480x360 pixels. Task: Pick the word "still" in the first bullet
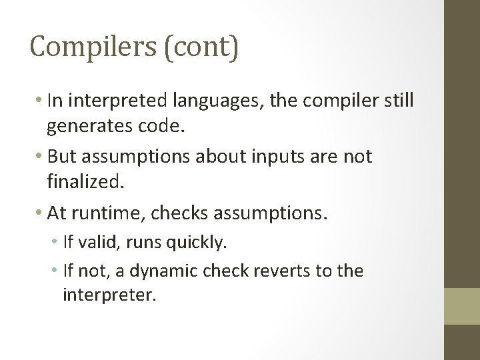click(399, 101)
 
